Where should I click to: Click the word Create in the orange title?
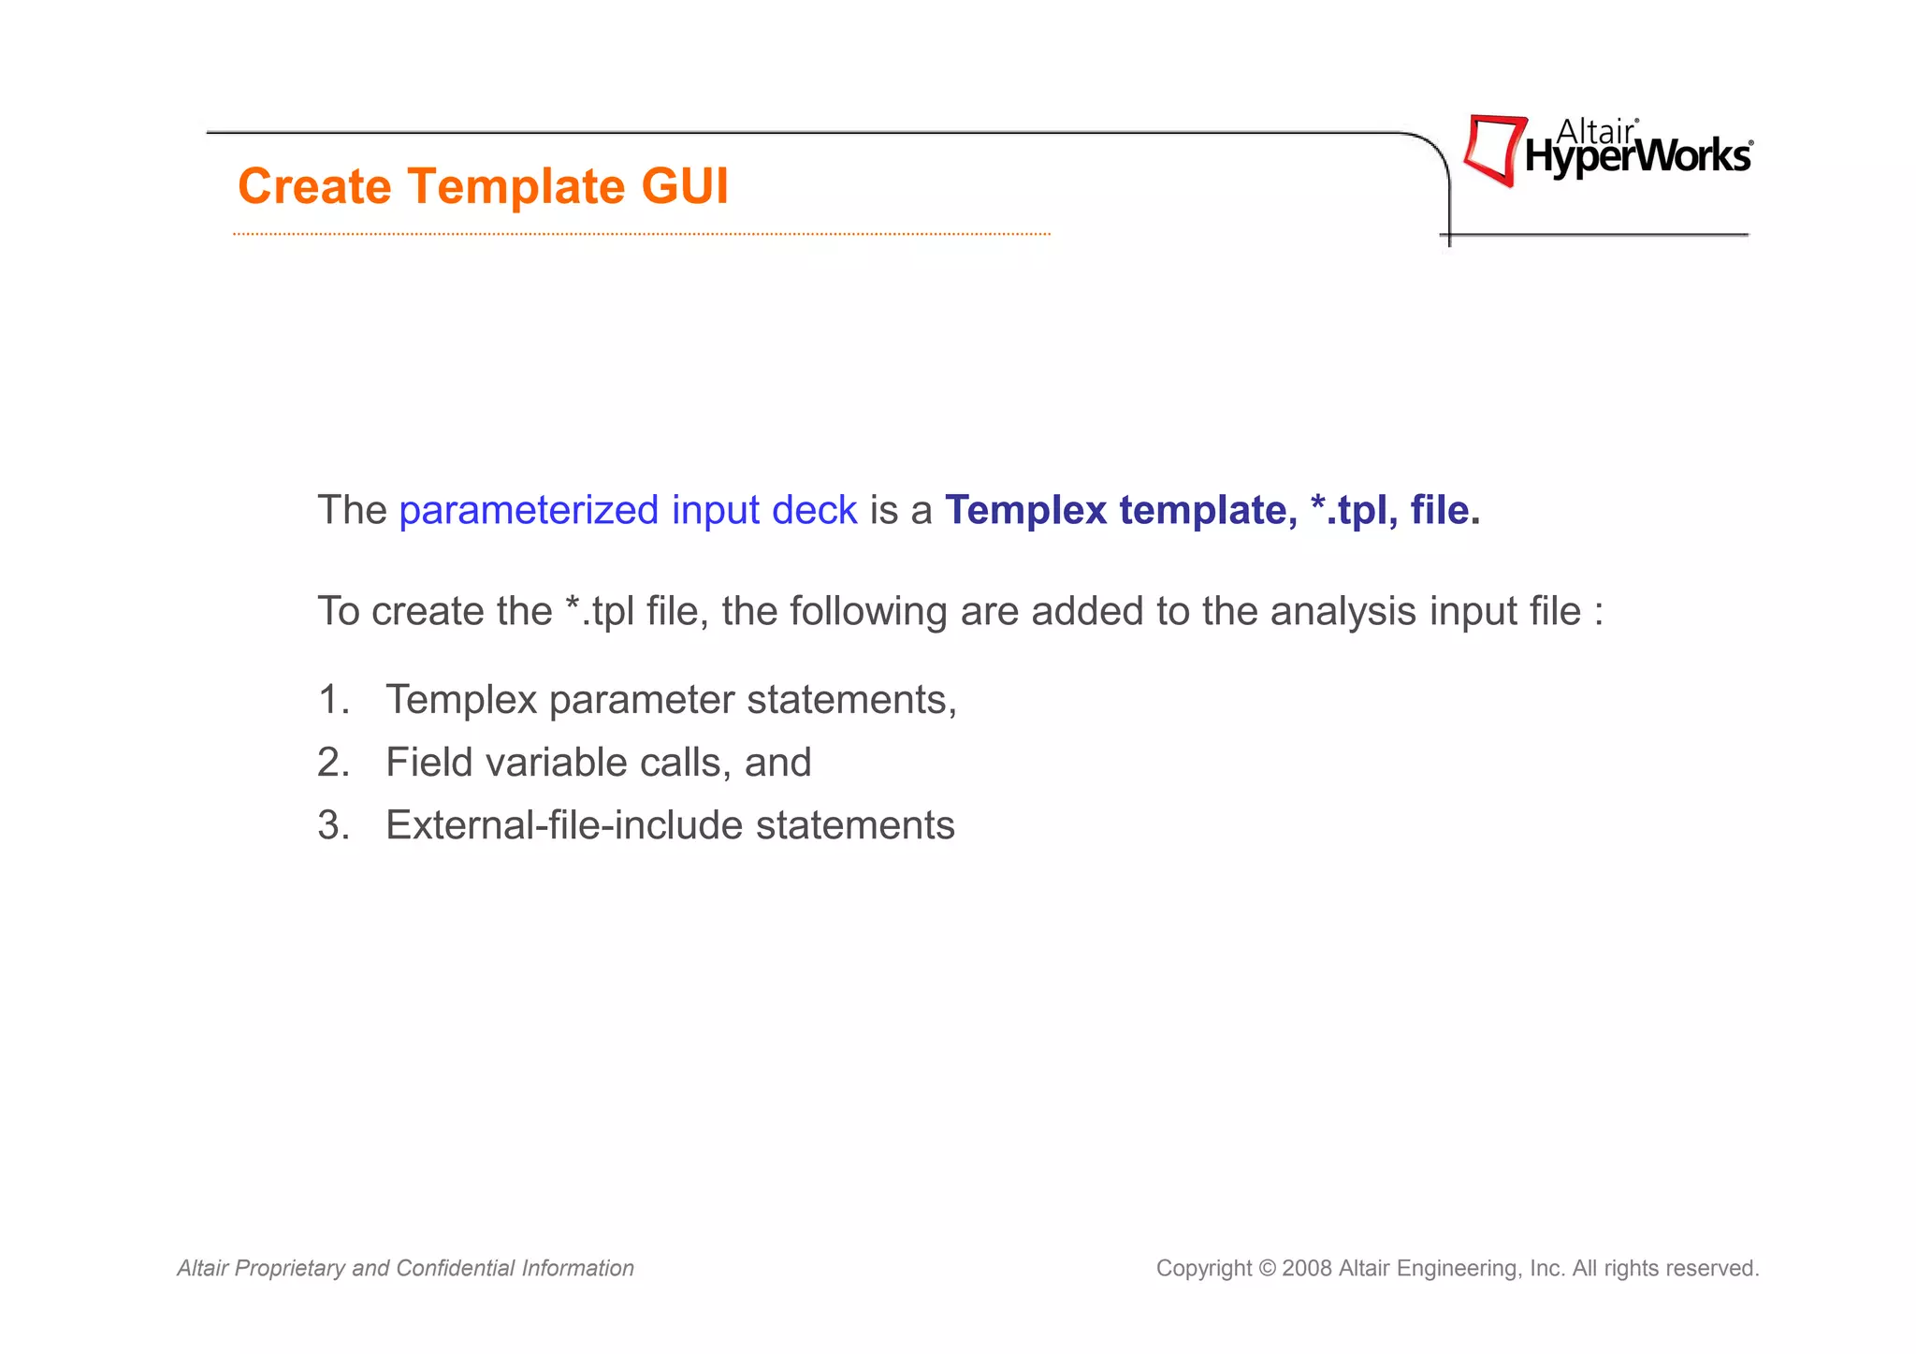click(x=314, y=186)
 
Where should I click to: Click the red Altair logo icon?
click(x=1493, y=150)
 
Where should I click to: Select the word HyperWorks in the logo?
click(x=1637, y=157)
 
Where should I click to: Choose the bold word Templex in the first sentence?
click(x=1025, y=511)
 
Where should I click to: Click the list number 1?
click(x=332, y=700)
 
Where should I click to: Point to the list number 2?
click(x=332, y=763)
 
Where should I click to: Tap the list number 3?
click(x=332, y=825)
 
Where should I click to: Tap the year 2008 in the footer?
click(x=1307, y=1269)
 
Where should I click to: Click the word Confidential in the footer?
click(x=455, y=1269)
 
